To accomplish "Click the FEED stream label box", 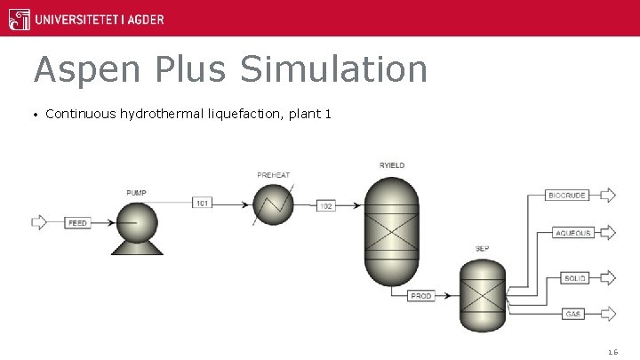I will tap(78, 223).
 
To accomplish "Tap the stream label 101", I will tap(204, 204).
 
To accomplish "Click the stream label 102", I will tap(326, 206).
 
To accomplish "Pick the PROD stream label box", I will tap(421, 296).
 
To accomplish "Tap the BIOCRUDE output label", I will tap(567, 196).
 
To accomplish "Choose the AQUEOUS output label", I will tap(572, 233).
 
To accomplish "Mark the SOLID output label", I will tap(576, 278).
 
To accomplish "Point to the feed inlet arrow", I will tap(39, 222).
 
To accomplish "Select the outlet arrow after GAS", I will tap(609, 314).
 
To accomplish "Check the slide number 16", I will tap(612, 352).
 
